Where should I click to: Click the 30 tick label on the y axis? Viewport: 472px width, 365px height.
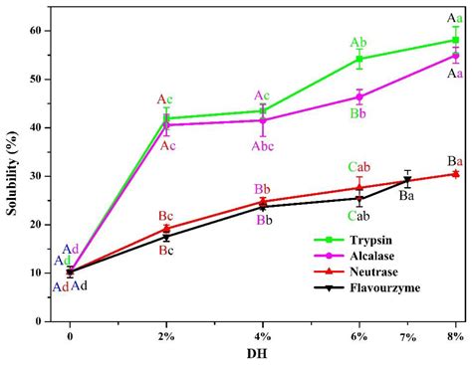pos(38,176)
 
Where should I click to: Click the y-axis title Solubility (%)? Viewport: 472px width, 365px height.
pos(12,174)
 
